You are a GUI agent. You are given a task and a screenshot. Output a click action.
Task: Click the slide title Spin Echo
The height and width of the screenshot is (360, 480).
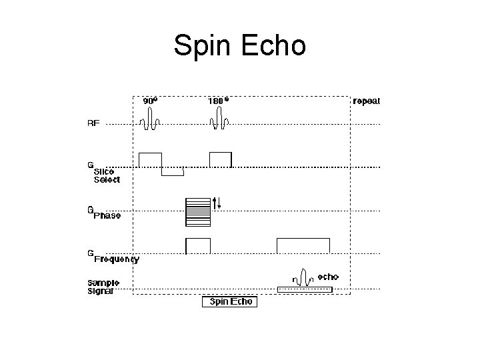[239, 45]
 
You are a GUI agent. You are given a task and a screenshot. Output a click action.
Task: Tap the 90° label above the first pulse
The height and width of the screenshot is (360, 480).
[151, 101]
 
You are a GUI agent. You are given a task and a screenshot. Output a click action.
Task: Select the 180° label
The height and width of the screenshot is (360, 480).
[219, 101]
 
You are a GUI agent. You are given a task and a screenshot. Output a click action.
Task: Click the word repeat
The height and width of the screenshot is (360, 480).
[367, 101]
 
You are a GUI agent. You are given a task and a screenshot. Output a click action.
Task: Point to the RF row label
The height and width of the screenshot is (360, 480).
[94, 123]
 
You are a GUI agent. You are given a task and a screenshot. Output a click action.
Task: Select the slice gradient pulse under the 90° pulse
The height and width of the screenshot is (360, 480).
[151, 159]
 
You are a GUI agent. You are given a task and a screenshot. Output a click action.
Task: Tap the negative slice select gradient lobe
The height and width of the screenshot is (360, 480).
[173, 171]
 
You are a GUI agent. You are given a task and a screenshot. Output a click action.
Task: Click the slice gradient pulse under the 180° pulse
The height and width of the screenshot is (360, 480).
[221, 159]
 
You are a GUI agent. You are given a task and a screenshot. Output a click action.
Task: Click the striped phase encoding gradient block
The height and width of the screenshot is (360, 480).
[197, 211]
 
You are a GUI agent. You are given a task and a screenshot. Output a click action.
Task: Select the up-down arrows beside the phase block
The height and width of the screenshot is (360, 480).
[216, 203]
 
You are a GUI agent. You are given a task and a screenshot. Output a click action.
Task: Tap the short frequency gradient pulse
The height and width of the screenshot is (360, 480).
[198, 245]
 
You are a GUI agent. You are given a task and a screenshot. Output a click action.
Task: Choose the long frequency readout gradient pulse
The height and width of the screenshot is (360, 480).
[303, 245]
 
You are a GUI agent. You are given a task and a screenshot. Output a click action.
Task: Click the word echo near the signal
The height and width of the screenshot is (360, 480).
[328, 276]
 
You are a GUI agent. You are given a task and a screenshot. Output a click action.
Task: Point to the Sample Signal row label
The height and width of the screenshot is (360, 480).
[103, 287]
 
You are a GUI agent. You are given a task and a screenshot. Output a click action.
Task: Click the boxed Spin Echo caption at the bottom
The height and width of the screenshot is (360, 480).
[230, 302]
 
